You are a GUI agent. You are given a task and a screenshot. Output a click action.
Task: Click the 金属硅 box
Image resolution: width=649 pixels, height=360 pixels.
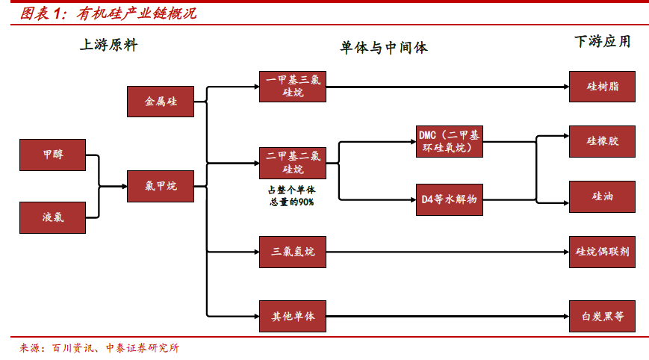pyautogui.click(x=161, y=102)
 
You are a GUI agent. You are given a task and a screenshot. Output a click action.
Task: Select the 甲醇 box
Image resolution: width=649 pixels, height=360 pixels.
pyautogui.click(x=53, y=155)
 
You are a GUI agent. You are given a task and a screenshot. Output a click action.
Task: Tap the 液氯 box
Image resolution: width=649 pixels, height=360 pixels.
pyautogui.click(x=53, y=218)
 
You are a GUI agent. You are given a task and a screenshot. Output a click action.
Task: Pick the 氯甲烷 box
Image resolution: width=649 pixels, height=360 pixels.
pyautogui.click(x=161, y=187)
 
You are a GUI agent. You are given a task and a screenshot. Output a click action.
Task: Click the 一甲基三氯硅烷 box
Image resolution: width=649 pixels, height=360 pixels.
pyautogui.click(x=293, y=87)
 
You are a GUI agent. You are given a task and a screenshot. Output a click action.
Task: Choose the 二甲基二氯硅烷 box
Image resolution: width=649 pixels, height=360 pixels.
pyautogui.click(x=293, y=162)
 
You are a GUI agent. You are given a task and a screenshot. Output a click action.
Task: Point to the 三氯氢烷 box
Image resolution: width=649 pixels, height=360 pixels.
pyautogui.click(x=293, y=252)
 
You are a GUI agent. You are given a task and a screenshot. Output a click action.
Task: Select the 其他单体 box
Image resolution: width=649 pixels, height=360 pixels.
pyautogui.click(x=293, y=317)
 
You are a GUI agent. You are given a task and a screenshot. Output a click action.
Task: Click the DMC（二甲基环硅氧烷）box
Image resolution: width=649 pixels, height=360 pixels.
pyautogui.click(x=449, y=141)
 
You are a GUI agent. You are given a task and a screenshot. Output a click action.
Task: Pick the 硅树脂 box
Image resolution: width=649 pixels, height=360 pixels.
pyautogui.click(x=603, y=87)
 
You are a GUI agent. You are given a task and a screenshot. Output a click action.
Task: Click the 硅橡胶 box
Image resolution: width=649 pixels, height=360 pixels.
pyautogui.click(x=603, y=141)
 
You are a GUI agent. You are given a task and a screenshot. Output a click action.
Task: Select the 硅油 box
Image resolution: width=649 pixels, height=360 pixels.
pyautogui.click(x=603, y=196)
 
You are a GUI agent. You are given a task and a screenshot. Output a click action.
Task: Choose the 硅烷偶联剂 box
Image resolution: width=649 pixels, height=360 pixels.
pyautogui.click(x=603, y=252)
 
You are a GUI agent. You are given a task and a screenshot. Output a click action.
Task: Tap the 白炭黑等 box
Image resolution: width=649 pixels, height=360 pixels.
pyautogui.click(x=603, y=317)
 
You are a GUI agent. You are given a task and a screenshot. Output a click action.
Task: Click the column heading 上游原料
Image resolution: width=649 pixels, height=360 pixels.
pyautogui.click(x=109, y=45)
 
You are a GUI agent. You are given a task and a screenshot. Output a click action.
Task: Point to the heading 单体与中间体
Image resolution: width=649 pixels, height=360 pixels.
pyautogui.click(x=384, y=48)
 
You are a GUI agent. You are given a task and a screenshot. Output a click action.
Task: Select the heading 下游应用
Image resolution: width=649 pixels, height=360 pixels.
pyautogui.click(x=602, y=41)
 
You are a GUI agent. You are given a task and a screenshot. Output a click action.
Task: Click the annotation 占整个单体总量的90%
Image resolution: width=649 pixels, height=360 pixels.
pyautogui.click(x=291, y=196)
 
